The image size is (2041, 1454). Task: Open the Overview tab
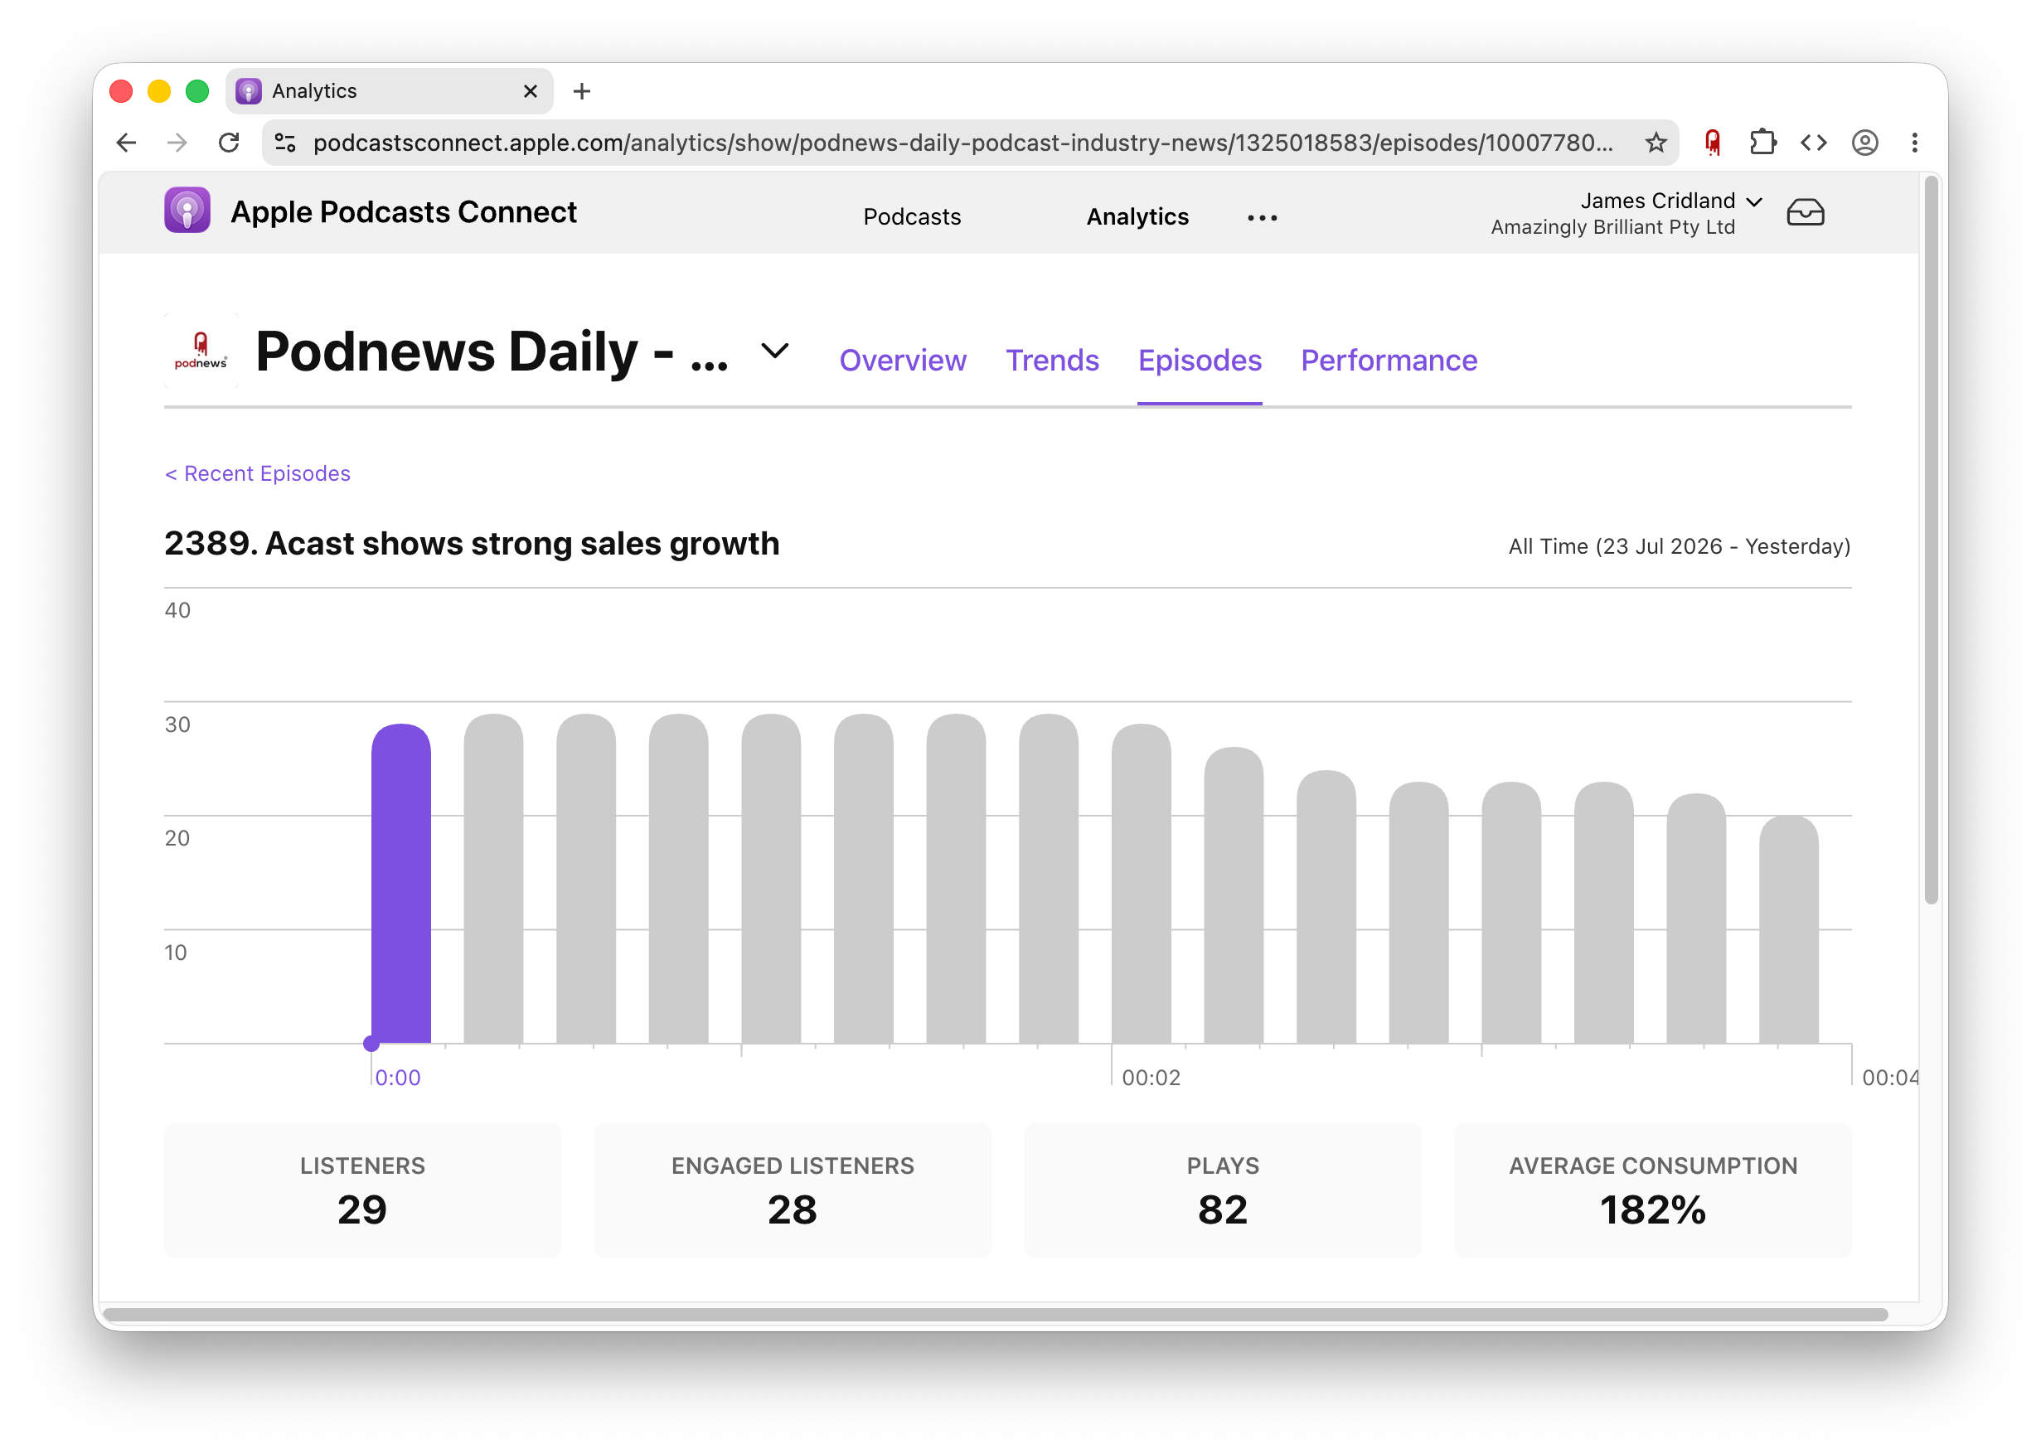[902, 360]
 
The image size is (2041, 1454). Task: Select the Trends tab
[1052, 360]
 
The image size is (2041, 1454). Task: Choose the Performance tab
[1389, 360]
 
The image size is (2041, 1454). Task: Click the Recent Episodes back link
[258, 473]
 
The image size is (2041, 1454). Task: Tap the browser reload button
[229, 143]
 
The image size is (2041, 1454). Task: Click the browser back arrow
[126, 143]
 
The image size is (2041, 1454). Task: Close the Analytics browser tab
[530, 91]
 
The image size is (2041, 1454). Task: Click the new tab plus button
[582, 91]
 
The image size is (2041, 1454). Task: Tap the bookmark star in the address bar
[1656, 143]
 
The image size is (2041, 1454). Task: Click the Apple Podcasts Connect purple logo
[187, 211]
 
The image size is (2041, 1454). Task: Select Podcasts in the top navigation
[911, 216]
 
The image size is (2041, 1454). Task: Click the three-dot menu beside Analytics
[1263, 217]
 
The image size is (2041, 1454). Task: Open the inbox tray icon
[1805, 213]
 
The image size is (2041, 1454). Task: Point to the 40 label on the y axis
[177, 611]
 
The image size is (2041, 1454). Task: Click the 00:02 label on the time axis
[1151, 1078]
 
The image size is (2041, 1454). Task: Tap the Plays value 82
[1223, 1209]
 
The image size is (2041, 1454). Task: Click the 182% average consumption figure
[1652, 1209]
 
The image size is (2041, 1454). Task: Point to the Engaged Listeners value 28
[793, 1209]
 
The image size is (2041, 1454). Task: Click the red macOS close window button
[121, 91]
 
